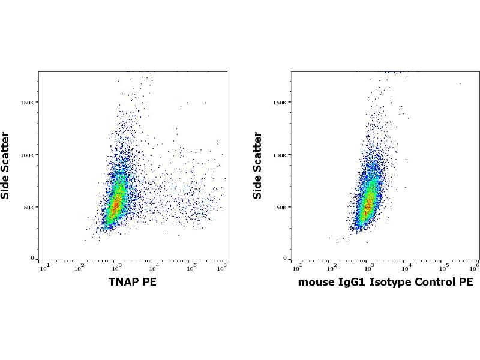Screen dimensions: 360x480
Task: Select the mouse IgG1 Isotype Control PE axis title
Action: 385,282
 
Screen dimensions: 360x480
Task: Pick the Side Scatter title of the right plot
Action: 259,165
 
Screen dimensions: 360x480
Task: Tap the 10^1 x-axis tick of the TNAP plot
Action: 44,267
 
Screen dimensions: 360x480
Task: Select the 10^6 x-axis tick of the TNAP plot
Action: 221,267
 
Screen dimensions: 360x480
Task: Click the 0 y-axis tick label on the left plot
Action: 33,259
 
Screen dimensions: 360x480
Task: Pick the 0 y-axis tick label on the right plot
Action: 286,259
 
